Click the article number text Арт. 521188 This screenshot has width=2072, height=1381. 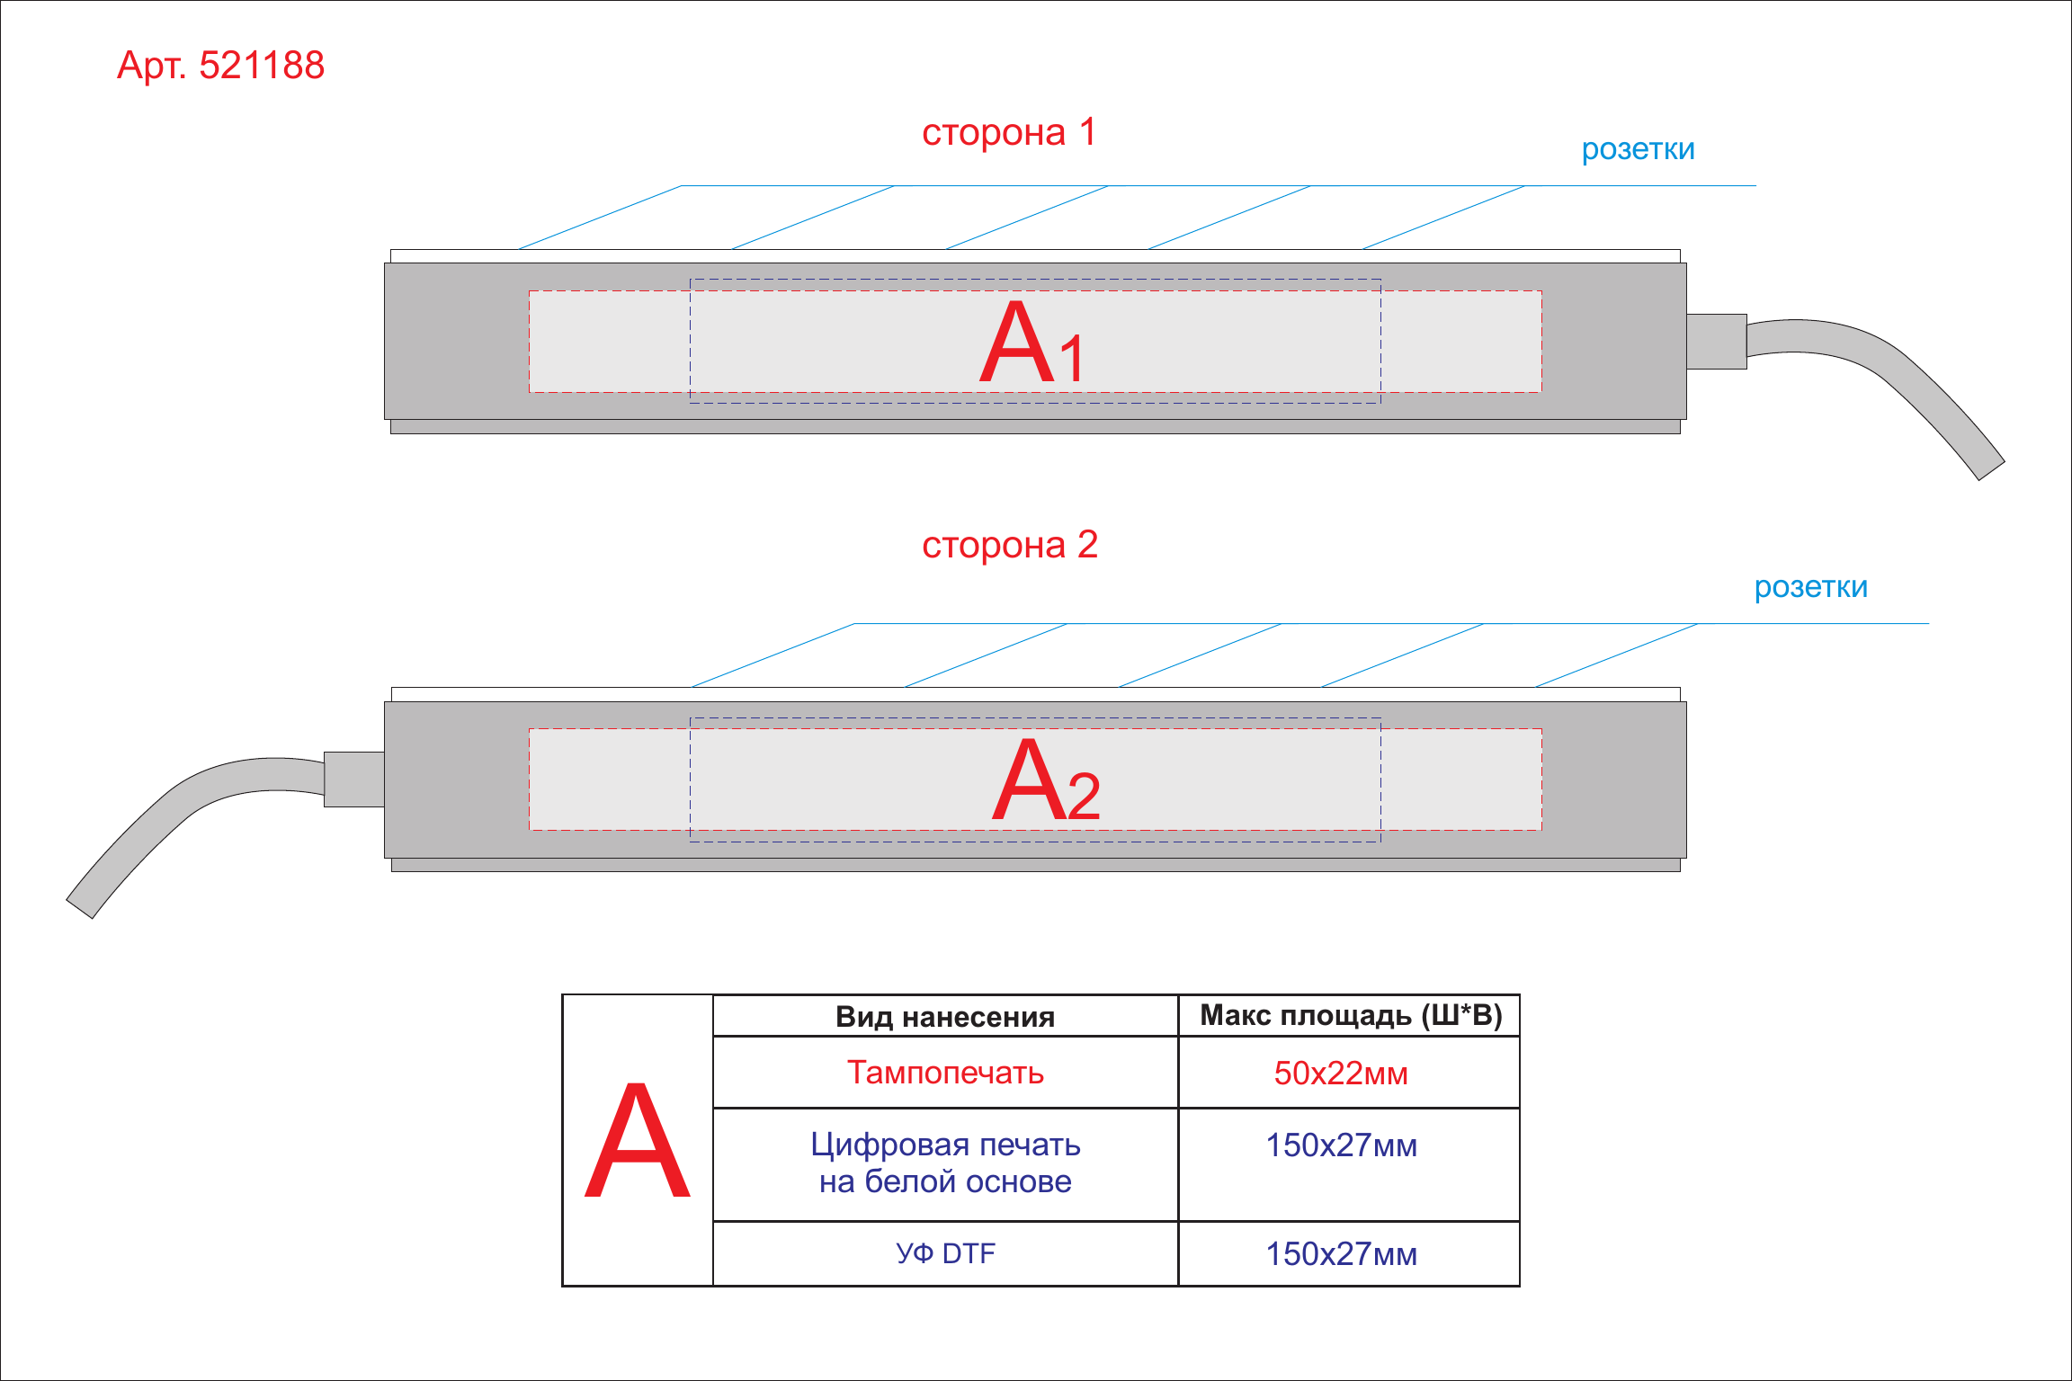click(220, 66)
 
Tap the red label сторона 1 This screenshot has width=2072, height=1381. click(1009, 132)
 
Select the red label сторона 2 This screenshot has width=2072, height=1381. click(1010, 545)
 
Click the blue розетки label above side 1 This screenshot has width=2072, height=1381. click(1638, 150)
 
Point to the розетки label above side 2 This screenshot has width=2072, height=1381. click(1810, 588)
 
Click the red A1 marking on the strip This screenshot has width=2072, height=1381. click(1032, 343)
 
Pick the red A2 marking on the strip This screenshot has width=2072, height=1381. click(1046, 780)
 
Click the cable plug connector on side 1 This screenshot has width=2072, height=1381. click(1717, 342)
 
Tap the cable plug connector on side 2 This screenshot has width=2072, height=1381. click(354, 780)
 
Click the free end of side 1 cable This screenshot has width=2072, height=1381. click(1991, 470)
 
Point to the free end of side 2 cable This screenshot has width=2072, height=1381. click(80, 908)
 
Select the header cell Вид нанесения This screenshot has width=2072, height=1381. click(945, 1017)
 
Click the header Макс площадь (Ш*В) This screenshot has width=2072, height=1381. click(1351, 1015)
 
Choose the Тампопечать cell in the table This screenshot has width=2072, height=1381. click(945, 1073)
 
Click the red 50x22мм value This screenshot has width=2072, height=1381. click(1341, 1074)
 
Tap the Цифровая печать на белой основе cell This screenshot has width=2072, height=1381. click(945, 1163)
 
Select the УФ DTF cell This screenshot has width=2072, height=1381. click(945, 1253)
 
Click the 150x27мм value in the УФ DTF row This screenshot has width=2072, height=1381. click(1341, 1254)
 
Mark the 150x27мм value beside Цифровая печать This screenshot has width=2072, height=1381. click(1341, 1145)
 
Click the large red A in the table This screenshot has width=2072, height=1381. click(638, 1140)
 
